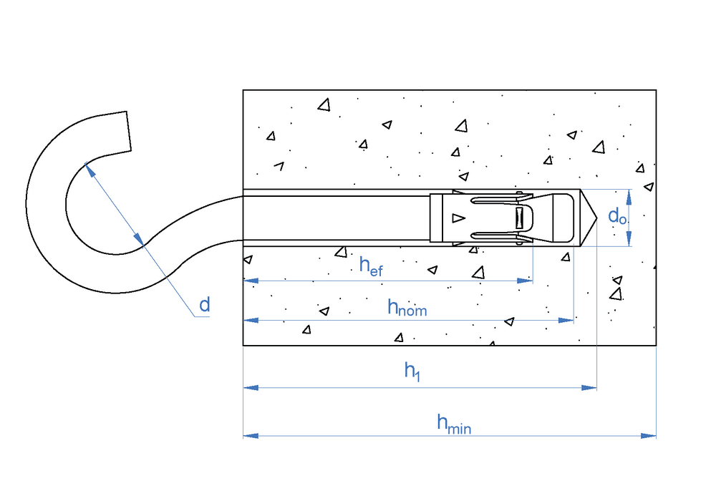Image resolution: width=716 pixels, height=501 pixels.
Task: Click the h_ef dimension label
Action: [x=372, y=267]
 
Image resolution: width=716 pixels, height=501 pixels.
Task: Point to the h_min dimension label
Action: [x=453, y=424]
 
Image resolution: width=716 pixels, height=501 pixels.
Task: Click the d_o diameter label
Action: [x=617, y=215]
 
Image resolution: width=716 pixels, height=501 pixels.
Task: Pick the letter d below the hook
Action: [x=205, y=306]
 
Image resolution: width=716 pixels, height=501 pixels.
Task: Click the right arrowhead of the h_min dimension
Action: [x=649, y=434]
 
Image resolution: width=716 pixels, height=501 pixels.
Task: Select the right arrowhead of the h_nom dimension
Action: [x=568, y=320]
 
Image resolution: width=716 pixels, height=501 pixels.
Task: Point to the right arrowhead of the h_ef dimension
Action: [x=526, y=281]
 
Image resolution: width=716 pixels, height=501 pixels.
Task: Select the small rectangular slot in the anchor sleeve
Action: [x=521, y=218]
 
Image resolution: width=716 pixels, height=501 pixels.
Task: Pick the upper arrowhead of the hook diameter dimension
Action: [x=89, y=169]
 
